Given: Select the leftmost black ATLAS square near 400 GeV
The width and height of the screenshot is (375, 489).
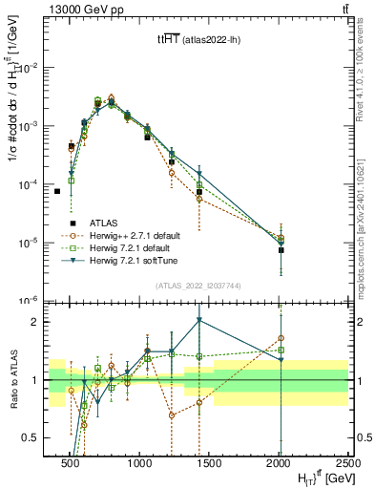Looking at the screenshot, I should click(57, 191).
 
